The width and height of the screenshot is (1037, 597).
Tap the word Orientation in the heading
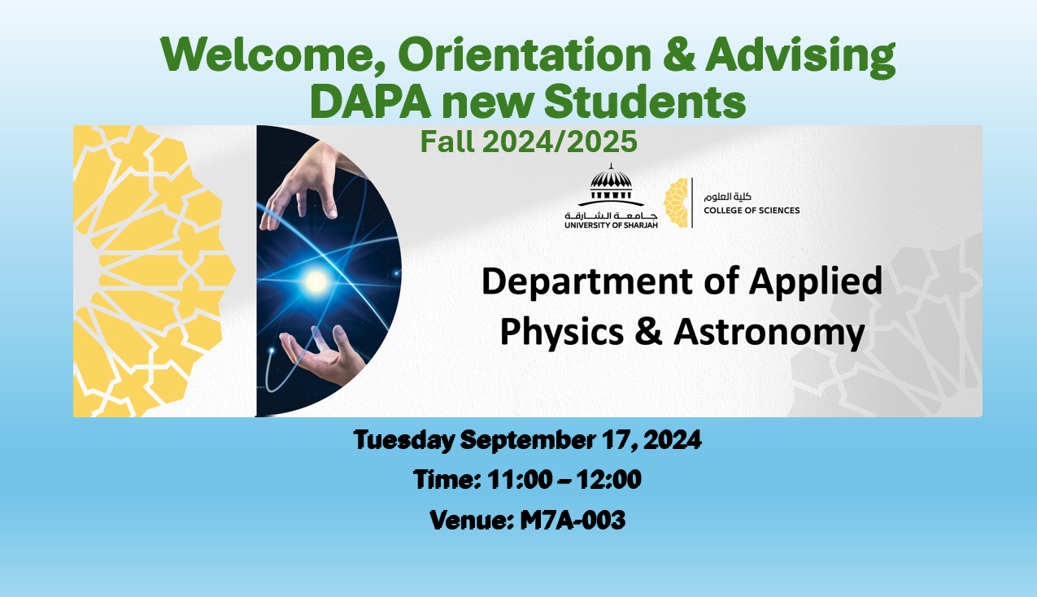coord(525,54)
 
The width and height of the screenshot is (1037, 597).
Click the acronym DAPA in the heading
coord(370,102)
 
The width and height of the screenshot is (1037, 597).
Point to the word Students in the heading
coord(645,102)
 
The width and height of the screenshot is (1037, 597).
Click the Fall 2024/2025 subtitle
coord(529,142)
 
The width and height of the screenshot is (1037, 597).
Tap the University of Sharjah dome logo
coord(611,185)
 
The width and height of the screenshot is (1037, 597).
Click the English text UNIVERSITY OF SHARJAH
coord(611,225)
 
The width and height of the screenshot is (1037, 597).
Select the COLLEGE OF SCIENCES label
coord(752,211)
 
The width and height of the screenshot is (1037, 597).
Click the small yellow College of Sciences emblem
coord(676,203)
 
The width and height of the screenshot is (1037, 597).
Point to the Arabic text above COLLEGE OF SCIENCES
coord(728,197)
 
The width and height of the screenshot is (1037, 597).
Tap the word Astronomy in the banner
coord(769,333)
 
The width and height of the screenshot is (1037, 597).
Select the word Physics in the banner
coord(562,333)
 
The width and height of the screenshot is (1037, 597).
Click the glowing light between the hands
coord(316,281)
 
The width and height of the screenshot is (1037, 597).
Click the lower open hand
coord(324,354)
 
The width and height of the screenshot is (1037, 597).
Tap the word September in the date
coord(528,441)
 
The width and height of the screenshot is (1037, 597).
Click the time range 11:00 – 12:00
coord(564,479)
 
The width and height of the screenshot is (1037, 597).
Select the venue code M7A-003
coord(573,520)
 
